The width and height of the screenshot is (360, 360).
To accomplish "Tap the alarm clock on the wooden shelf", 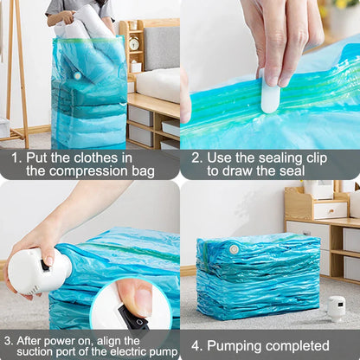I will pos(134,43).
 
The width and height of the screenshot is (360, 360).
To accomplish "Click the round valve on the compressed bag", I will pos(234,249).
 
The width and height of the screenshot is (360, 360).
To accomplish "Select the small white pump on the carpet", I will pos(336,307).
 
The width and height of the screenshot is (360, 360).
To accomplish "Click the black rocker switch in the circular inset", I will pos(132,318).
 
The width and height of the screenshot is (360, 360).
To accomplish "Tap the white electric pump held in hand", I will pos(39,272).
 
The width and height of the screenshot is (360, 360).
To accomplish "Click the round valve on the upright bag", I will pos(76,75).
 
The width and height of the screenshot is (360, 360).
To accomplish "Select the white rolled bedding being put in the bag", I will pos(87,23).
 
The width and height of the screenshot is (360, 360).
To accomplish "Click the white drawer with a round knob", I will pos(330,209).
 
